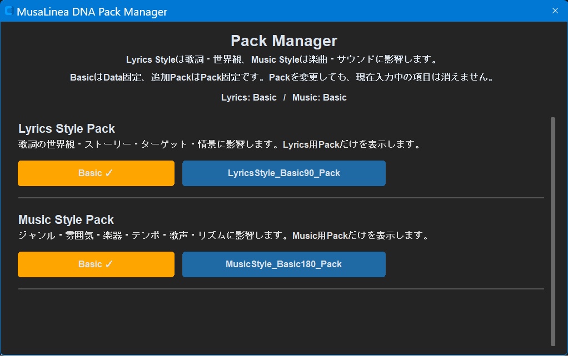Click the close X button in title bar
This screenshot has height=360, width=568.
555,11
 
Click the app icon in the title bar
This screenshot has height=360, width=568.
9,11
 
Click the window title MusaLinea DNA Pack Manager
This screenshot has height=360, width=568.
92,12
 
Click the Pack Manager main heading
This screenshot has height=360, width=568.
284,41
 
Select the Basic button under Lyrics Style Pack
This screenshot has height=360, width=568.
96,173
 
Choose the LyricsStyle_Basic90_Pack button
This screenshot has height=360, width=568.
283,173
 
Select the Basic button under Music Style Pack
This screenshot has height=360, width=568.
96,264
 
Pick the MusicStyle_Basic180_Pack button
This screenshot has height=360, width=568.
283,264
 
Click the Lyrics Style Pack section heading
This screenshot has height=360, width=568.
67,128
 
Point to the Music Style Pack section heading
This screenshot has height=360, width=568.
66,220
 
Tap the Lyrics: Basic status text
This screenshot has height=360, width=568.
249,97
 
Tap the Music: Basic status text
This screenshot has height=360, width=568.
320,97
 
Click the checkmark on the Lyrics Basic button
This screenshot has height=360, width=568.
109,173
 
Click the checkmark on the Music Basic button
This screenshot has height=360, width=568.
109,264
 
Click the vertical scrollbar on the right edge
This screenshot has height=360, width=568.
553,232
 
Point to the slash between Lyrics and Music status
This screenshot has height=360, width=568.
285,97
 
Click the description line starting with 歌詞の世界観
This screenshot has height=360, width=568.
220,144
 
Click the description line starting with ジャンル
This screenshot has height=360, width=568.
224,236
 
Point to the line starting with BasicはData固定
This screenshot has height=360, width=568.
282,77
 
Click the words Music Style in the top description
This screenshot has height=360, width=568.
275,59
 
